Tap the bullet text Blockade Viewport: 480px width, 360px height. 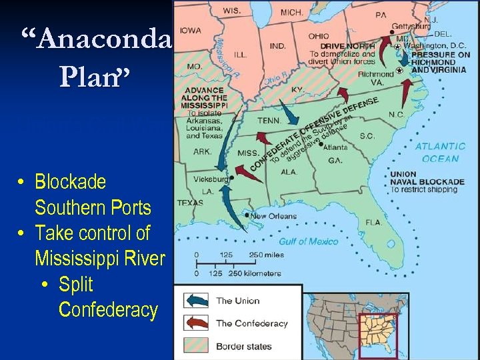tap(70, 181)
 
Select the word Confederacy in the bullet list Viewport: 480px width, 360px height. tap(108, 310)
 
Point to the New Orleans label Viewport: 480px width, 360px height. tap(274, 216)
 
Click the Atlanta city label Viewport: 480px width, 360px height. tap(335, 147)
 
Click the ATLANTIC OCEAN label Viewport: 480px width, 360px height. tap(441, 152)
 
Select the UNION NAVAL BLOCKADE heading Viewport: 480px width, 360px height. tap(427, 178)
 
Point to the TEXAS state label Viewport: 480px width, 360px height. tap(190, 203)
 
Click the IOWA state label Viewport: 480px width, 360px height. tap(190, 30)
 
